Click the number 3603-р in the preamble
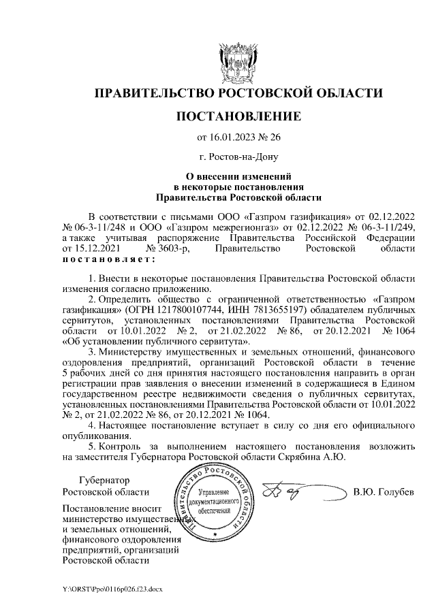(166, 250)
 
